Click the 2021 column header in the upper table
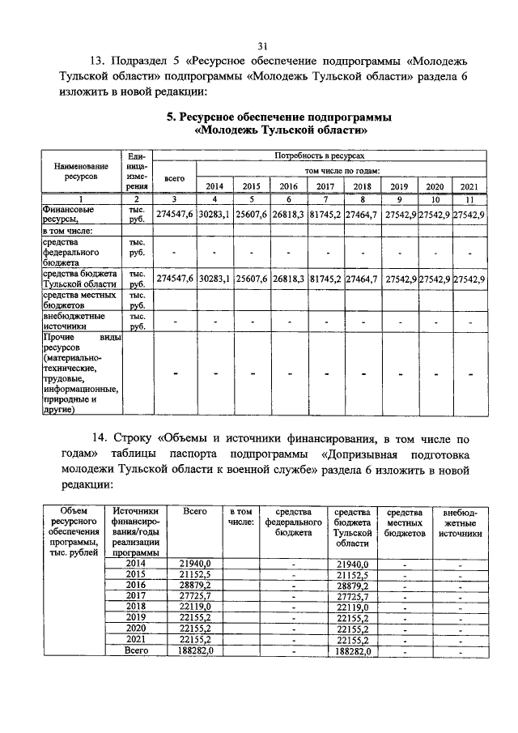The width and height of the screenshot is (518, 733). click(x=469, y=186)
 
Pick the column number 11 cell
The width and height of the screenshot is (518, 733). click(x=469, y=198)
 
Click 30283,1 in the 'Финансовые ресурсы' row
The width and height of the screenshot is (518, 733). click(x=214, y=214)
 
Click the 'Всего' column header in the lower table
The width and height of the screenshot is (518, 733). click(x=194, y=512)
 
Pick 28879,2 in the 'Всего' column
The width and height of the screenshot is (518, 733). click(x=194, y=585)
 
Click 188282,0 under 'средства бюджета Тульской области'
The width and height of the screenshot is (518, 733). click(x=351, y=650)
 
